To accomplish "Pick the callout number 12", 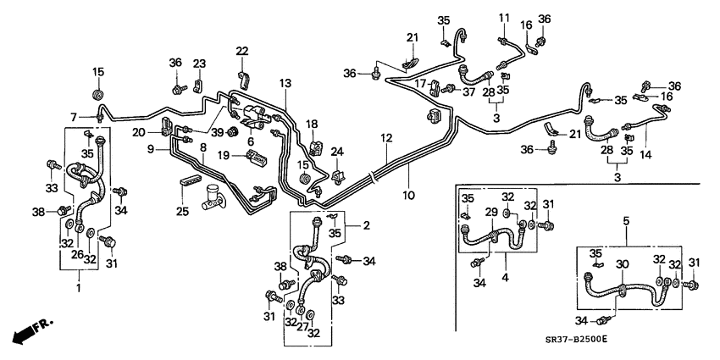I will click(x=385, y=137).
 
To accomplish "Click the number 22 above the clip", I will click(x=242, y=52).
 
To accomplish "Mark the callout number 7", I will click(x=74, y=116).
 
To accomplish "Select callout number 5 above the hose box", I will click(x=626, y=221).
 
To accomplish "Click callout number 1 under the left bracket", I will click(x=79, y=289).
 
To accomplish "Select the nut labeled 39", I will click(x=230, y=132).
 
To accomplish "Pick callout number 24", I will click(x=336, y=152).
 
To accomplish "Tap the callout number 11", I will click(x=502, y=18).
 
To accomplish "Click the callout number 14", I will click(x=647, y=155).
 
